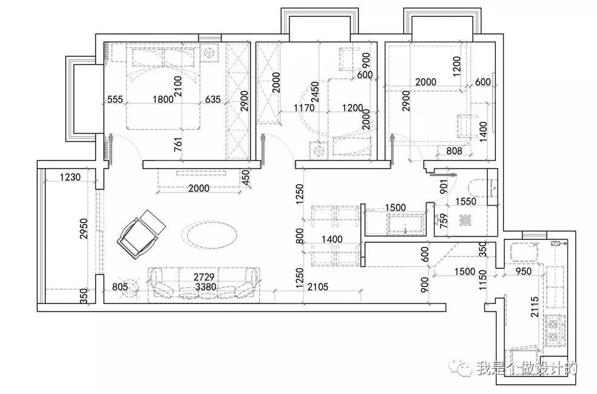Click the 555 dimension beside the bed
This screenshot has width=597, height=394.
(x=115, y=99)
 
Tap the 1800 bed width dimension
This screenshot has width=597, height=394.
(x=163, y=99)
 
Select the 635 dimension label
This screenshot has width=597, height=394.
(x=213, y=99)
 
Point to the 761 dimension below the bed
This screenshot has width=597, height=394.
(x=178, y=145)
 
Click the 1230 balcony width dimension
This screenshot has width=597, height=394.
(x=70, y=177)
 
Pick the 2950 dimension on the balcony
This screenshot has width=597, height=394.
(x=84, y=228)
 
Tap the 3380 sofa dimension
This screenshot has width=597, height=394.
(x=206, y=287)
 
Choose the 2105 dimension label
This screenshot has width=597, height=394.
(x=318, y=287)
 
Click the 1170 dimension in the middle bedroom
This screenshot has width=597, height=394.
(x=304, y=108)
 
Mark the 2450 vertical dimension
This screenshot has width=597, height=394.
(x=315, y=92)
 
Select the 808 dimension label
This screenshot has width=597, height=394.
(x=454, y=151)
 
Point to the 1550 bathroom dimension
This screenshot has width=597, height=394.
(x=466, y=201)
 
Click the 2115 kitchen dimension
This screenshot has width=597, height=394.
(x=535, y=307)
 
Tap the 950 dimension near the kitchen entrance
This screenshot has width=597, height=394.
(x=524, y=271)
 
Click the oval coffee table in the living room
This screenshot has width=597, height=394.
(x=209, y=235)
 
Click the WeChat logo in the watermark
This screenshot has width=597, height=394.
(x=461, y=369)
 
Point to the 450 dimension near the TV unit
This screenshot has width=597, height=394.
(x=246, y=178)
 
